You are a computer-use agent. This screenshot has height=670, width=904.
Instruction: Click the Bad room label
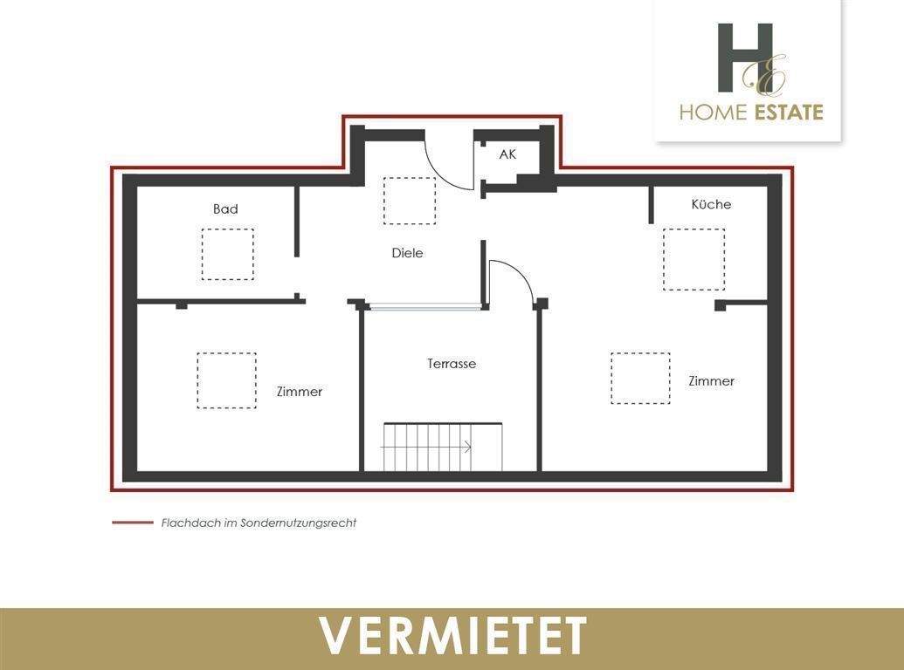(225, 209)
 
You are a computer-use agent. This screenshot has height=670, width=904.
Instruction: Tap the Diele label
(407, 253)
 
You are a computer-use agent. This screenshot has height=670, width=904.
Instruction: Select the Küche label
(711, 204)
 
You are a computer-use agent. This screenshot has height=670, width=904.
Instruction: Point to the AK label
(507, 154)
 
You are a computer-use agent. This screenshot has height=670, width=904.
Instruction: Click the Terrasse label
(452, 364)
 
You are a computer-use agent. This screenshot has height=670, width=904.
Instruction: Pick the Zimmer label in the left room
(300, 392)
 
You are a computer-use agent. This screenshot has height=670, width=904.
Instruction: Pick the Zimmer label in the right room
(711, 381)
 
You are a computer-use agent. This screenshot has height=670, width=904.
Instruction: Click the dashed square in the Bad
(227, 254)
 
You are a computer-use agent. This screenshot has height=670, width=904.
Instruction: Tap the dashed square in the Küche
(694, 259)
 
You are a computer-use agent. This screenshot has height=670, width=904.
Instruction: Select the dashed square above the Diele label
(409, 201)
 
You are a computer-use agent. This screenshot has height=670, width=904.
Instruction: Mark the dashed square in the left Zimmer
(226, 380)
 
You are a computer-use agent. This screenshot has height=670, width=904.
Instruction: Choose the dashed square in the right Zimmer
(640, 378)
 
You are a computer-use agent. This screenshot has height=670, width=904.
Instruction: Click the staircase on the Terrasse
(442, 447)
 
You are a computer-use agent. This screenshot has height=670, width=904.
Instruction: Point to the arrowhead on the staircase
(468, 448)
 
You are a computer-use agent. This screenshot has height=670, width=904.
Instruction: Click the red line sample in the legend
(132, 523)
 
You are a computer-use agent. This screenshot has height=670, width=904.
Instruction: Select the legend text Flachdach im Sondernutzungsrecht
(259, 523)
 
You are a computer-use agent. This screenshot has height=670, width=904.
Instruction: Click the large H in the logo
(744, 58)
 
